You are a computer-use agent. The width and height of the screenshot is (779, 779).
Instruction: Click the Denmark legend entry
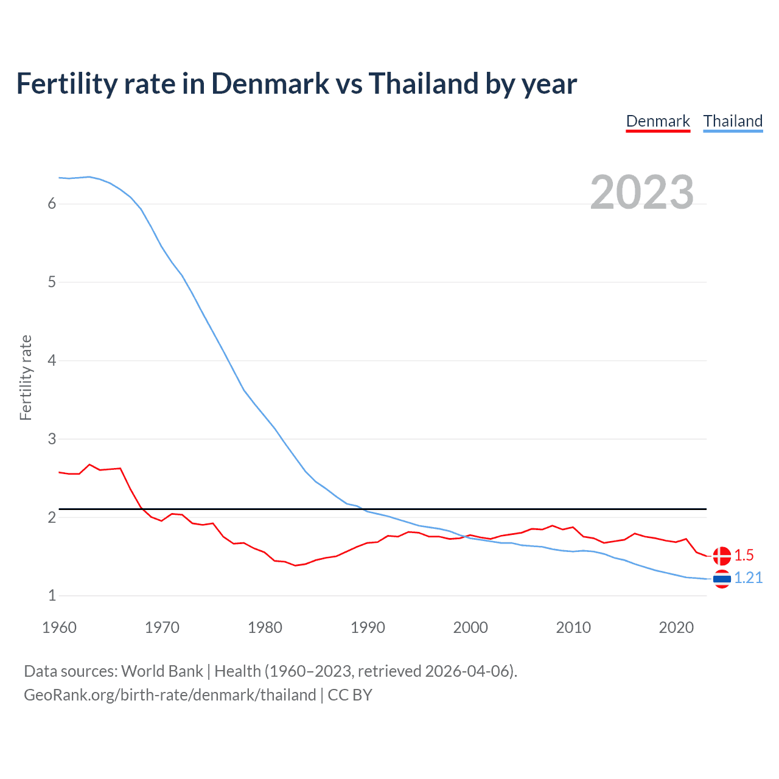(x=658, y=121)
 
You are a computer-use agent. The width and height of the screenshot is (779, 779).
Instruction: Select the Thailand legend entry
(x=733, y=121)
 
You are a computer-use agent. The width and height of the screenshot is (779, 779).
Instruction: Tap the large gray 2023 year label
(x=642, y=192)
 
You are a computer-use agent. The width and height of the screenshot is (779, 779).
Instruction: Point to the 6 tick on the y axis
(x=52, y=204)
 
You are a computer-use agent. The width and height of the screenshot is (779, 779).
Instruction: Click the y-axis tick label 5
(x=52, y=282)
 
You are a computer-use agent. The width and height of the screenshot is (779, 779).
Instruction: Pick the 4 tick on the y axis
(x=52, y=361)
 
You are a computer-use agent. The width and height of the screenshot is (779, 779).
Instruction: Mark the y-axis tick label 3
(x=52, y=439)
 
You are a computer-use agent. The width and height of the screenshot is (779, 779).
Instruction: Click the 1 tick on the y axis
(x=52, y=596)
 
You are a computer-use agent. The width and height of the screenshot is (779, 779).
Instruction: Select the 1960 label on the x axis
(x=59, y=627)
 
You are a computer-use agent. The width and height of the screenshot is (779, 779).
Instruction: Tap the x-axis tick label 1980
(x=265, y=627)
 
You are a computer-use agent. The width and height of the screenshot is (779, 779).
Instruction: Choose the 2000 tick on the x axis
(x=470, y=627)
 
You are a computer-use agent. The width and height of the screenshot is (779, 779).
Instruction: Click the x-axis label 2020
(x=676, y=627)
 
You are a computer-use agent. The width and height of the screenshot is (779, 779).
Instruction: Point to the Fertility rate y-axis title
(x=26, y=377)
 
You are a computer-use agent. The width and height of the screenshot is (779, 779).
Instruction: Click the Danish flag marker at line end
(x=722, y=556)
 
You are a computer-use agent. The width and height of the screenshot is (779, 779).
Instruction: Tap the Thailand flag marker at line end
(x=722, y=579)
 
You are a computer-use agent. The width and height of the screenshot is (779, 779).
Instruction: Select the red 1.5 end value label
(x=744, y=555)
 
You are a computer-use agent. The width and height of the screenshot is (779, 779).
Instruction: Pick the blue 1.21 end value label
(x=748, y=578)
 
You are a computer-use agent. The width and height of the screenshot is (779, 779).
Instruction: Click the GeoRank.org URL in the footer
(x=170, y=695)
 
